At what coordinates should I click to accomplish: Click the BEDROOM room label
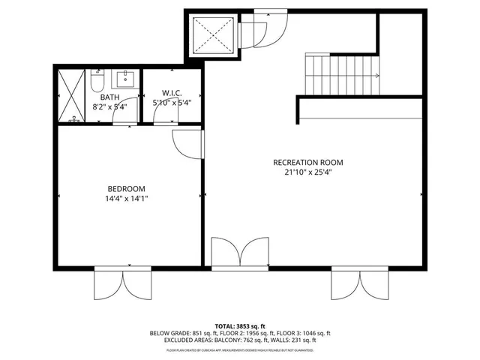coord(126,188)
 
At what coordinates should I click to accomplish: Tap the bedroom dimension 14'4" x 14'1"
coord(126,199)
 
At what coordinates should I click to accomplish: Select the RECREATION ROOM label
coord(307,162)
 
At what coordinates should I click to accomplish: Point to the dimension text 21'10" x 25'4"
coord(307,172)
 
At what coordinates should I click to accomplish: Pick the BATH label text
coord(109,96)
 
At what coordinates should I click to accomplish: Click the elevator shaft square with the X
coord(212,36)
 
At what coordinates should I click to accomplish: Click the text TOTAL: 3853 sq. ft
coord(239,325)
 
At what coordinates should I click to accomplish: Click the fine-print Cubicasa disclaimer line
coord(239,348)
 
